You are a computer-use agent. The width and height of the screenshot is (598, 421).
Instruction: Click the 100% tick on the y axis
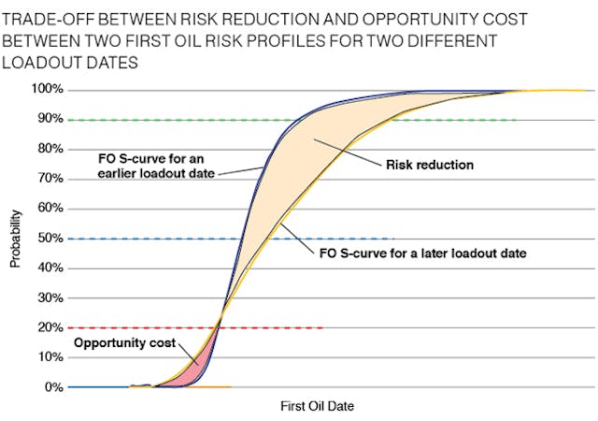pos(50,90)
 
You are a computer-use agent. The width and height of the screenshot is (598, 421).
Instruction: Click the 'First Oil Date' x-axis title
pos(317,407)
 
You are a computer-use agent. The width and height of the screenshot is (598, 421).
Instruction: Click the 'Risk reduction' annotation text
pos(431,165)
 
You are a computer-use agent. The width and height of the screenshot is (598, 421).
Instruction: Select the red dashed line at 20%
pos(280,327)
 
